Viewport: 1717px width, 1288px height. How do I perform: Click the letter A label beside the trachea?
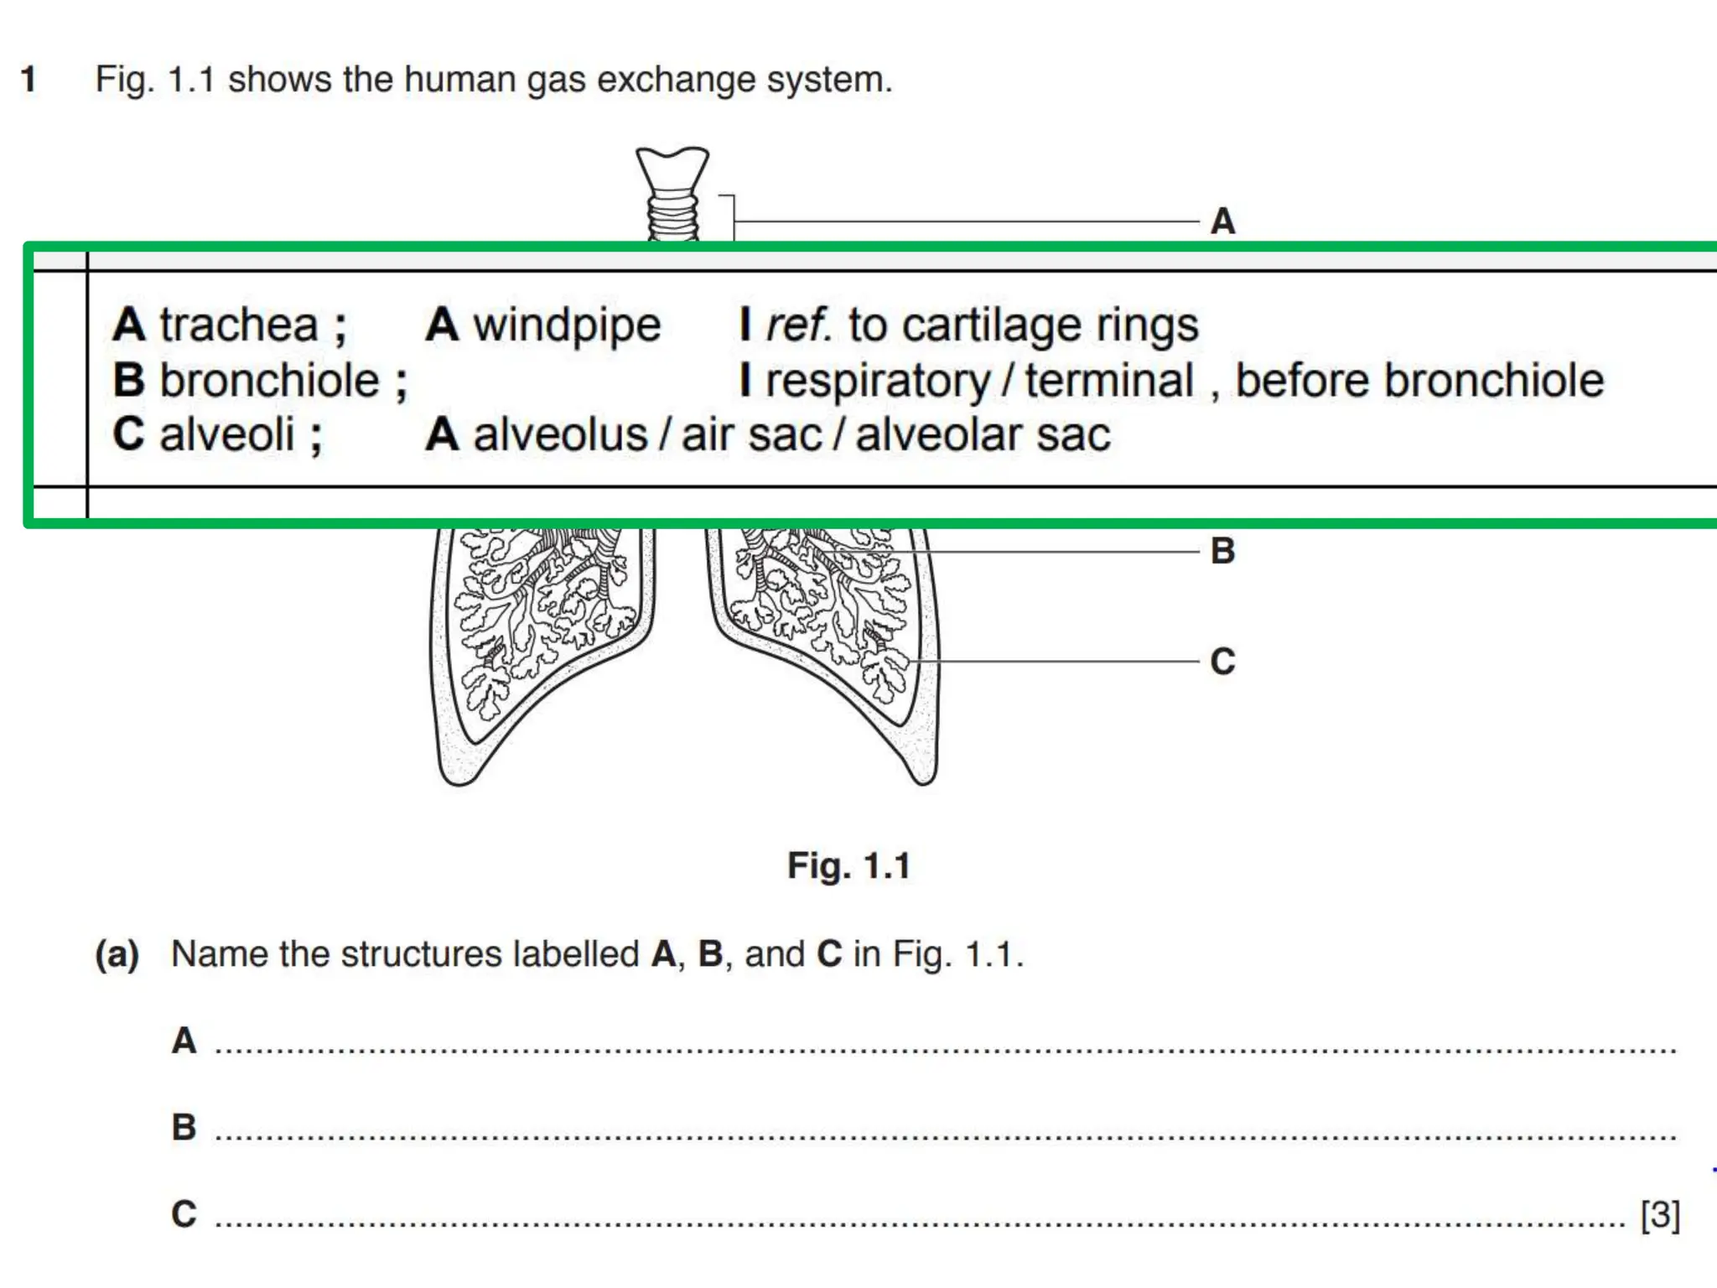[1222, 222]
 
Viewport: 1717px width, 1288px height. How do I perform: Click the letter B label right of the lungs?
[1222, 552]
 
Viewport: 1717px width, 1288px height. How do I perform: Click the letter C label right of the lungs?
[1222, 662]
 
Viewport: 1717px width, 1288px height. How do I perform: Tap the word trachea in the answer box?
[239, 325]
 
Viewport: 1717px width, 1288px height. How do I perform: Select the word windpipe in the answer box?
[567, 325]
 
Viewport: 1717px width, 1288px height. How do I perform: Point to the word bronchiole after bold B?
[269, 381]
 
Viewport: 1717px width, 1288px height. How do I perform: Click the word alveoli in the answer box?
[226, 435]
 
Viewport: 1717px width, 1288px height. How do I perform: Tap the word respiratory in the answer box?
[878, 382]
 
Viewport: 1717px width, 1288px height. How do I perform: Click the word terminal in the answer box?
[1109, 381]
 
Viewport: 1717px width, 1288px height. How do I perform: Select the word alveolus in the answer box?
[560, 435]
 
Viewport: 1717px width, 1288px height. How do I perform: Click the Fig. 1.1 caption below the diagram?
[848, 865]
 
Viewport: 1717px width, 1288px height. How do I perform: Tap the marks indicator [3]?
[1660, 1214]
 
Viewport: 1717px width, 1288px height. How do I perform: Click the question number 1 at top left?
[29, 80]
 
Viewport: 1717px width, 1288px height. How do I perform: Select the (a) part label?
[117, 954]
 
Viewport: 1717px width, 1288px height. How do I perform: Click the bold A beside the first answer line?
[184, 1041]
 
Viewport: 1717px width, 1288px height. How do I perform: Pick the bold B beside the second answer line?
[184, 1127]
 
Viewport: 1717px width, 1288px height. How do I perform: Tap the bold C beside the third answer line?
[184, 1214]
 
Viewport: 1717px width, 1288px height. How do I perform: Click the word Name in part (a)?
[220, 954]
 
